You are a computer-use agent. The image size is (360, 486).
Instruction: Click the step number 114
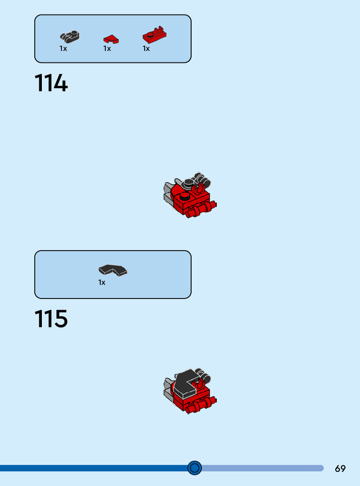[51, 84]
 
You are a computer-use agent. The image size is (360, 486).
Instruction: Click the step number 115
[51, 319]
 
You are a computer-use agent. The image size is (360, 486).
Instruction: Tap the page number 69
[340, 468]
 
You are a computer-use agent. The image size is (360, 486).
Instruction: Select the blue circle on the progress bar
[195, 468]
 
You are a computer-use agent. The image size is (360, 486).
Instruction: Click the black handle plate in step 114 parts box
[70, 36]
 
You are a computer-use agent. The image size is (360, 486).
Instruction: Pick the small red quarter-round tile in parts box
[111, 38]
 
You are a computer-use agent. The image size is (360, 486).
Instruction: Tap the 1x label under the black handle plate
[63, 49]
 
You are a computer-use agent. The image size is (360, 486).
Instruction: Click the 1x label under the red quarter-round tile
[107, 49]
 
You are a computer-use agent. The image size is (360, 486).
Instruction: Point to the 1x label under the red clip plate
[146, 49]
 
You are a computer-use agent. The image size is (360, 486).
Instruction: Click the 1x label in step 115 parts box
[102, 283]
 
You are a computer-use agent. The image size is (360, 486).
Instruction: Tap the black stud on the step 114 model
[186, 196]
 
